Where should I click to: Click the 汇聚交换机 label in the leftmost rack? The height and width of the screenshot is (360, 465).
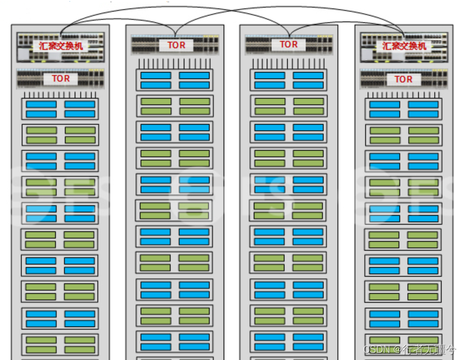61,46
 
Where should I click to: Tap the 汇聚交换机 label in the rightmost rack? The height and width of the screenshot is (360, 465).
404,46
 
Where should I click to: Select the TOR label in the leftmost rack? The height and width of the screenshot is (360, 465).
61,79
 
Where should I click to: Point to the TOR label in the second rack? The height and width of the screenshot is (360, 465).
176,45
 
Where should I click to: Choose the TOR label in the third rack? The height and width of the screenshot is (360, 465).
289,44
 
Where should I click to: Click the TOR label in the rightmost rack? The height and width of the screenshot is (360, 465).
403,79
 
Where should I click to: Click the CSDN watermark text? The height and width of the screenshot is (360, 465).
377,350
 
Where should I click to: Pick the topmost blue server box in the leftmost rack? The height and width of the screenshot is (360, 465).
60,109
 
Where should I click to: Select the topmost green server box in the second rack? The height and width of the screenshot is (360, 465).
175,106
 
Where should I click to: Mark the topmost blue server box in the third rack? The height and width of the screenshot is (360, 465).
289,80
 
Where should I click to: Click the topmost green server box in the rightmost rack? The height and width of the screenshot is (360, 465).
404,136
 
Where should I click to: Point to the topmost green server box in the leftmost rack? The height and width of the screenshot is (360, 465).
60,135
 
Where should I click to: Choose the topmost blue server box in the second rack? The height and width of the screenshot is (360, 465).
175,80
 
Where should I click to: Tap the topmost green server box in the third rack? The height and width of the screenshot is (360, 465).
289,106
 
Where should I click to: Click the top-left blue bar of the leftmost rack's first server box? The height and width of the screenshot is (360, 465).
41,104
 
